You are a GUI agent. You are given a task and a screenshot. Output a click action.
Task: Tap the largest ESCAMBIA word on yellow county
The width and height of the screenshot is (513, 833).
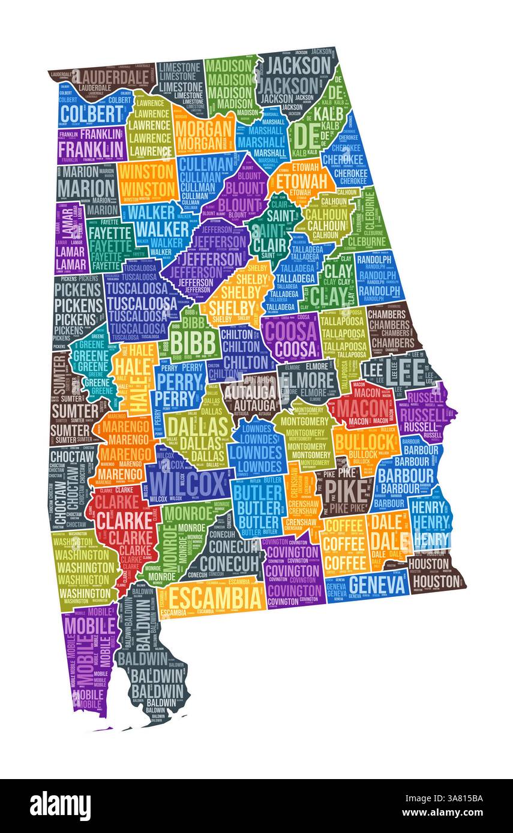point(215,597)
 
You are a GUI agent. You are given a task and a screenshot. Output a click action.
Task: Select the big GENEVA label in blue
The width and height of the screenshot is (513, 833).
point(377,584)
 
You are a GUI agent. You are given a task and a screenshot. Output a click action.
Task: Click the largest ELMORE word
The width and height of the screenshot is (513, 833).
point(307,379)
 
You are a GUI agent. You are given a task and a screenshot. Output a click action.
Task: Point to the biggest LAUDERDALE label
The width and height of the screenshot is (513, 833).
point(113,77)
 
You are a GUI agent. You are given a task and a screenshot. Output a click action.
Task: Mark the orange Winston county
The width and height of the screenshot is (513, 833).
point(147,180)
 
